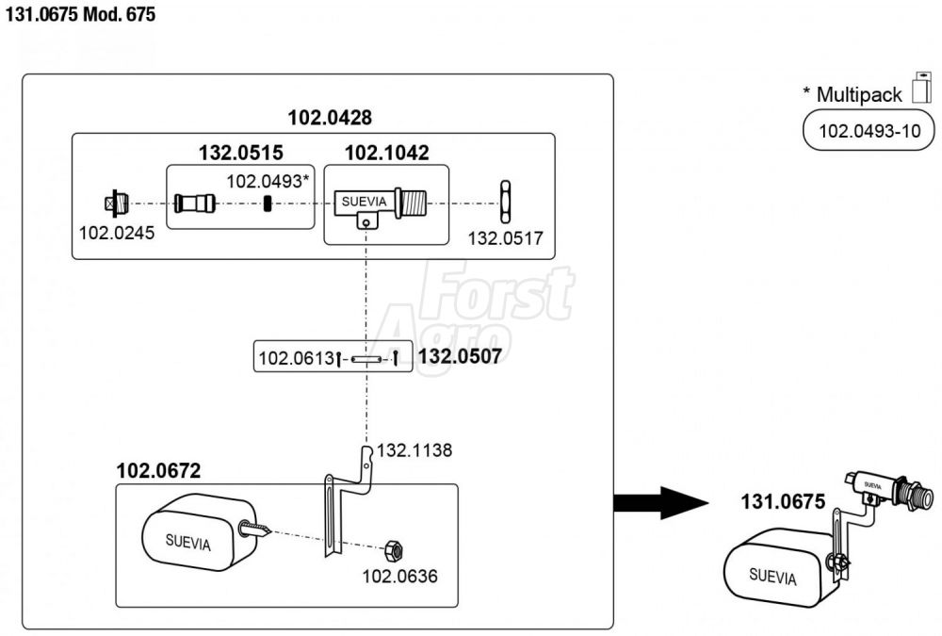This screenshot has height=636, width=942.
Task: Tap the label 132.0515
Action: tap(240, 153)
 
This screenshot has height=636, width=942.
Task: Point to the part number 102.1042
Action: tap(386, 153)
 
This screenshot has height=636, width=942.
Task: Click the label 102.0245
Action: tap(117, 230)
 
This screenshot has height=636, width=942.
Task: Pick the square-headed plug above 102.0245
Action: tap(111, 203)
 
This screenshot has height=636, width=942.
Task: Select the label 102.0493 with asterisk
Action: tap(268, 180)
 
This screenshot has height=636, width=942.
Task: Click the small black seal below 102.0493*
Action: tap(268, 204)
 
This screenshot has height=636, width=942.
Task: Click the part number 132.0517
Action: tap(505, 238)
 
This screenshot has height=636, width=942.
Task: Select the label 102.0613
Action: tap(295, 358)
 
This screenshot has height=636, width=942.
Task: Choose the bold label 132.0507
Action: tap(460, 356)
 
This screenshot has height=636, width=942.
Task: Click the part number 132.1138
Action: tap(414, 450)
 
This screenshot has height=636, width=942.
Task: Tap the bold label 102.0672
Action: tap(158, 470)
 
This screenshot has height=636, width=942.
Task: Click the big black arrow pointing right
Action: tap(660, 502)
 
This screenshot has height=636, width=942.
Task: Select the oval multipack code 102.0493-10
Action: tap(869, 130)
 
